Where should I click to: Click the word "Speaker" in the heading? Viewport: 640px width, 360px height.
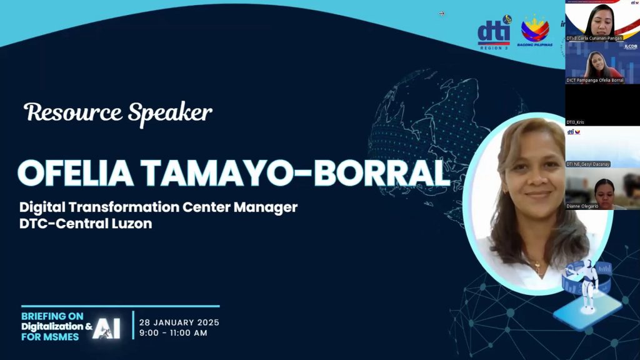pyautogui.click(x=170, y=114)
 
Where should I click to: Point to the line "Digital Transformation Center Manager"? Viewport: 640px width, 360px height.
pyautogui.click(x=158, y=207)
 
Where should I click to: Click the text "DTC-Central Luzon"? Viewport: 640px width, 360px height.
pyautogui.click(x=86, y=224)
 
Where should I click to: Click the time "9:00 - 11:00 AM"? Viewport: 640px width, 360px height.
pyautogui.click(x=173, y=332)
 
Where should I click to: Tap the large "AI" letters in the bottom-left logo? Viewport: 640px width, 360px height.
pyautogui.click(x=106, y=328)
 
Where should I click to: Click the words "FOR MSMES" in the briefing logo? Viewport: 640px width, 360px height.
pyautogui.click(x=50, y=337)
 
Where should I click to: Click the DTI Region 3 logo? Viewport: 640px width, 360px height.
pyautogui.click(x=494, y=34)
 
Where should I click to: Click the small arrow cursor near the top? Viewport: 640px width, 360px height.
pyautogui.click(x=441, y=13)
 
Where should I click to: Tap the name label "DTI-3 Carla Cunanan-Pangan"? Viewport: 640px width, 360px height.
pyautogui.click(x=594, y=38)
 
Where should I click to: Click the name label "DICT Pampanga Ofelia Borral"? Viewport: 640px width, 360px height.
pyautogui.click(x=595, y=80)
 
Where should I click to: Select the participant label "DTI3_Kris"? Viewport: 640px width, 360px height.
pyautogui.click(x=576, y=122)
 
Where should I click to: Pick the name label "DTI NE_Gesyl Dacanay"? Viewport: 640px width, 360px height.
pyautogui.click(x=588, y=164)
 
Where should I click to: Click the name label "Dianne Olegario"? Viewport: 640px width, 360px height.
pyautogui.click(x=582, y=206)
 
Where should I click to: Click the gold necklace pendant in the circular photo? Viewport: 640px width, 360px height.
pyautogui.click(x=537, y=266)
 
